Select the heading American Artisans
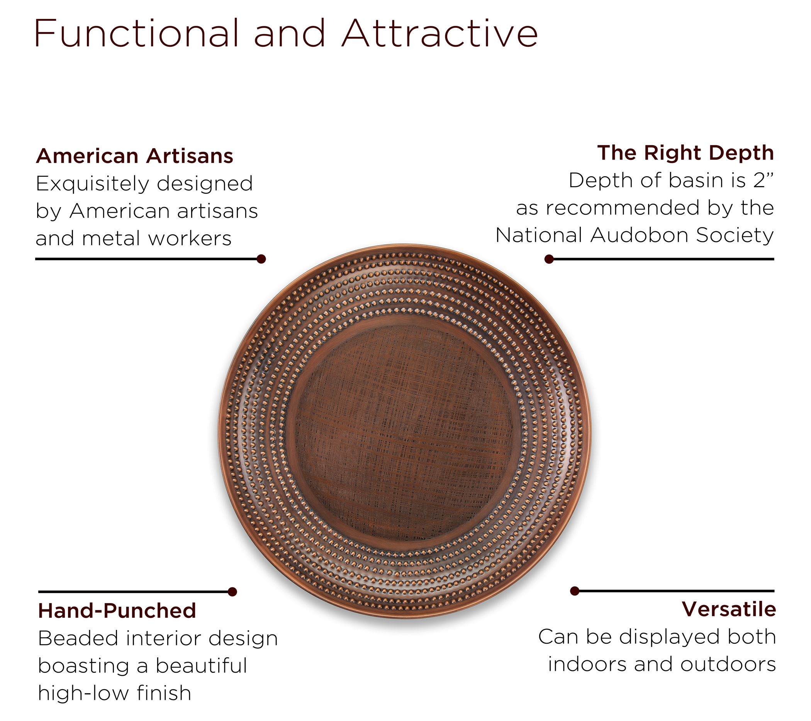tap(134, 156)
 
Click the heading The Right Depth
tap(685, 153)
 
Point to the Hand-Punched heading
tap(117, 610)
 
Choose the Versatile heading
tap(729, 609)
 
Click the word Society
tap(735, 236)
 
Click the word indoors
tap(587, 664)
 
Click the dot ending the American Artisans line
tap(261, 259)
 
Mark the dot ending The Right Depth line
tap(549, 259)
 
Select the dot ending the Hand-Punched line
tap(232, 592)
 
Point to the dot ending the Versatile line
tap(575, 591)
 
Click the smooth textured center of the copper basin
tap(404, 433)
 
